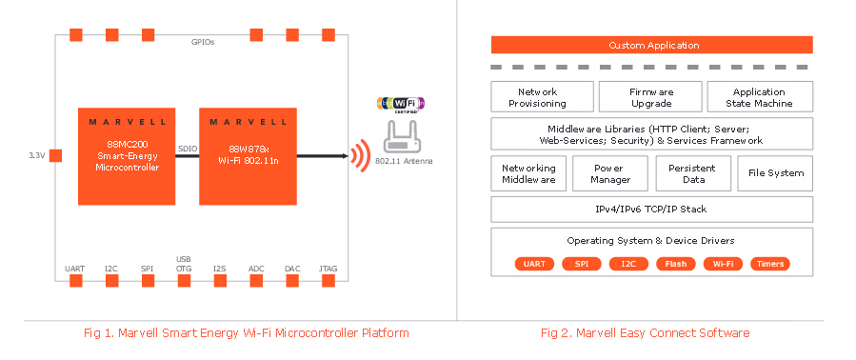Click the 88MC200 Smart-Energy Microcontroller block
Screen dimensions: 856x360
click(127, 156)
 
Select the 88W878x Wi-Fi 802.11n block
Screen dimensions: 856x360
click(248, 156)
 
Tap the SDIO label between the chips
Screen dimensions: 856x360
click(188, 149)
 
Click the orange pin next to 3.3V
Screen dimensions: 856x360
click(55, 155)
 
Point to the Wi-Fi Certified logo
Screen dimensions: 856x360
click(401, 103)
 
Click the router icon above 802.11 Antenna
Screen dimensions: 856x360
click(404, 138)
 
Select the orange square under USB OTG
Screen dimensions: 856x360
click(184, 281)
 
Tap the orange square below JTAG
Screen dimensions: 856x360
click(328, 281)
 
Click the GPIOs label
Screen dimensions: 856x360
click(203, 42)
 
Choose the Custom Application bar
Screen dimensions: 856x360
click(652, 45)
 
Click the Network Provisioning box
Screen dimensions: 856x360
click(542, 97)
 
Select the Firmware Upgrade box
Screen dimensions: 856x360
click(650, 97)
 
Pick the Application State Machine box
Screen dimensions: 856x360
click(760, 97)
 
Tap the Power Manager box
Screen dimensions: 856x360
click(611, 173)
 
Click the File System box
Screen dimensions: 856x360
click(775, 173)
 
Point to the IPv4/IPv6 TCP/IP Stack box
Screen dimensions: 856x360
click(652, 210)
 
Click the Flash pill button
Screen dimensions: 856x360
click(676, 264)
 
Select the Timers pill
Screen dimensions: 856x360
click(770, 264)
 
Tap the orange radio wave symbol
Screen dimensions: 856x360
click(360, 155)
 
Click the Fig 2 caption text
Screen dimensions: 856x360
click(646, 332)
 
